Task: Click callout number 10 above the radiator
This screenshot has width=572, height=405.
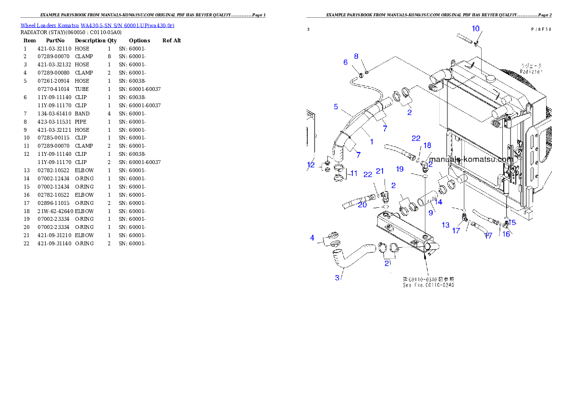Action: [x=475, y=28]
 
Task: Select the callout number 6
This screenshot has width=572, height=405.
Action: [x=345, y=62]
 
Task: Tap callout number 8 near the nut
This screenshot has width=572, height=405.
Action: [x=356, y=56]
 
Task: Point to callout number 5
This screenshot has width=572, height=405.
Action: [x=336, y=106]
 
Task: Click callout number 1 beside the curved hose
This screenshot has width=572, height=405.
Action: [x=372, y=142]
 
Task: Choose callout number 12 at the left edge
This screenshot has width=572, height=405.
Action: [x=311, y=165]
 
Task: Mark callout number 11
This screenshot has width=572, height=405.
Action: [x=353, y=173]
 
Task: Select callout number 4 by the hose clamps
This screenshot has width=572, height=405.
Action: [x=312, y=238]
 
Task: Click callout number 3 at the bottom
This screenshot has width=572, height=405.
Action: [x=338, y=277]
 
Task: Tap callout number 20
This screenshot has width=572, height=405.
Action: [x=362, y=204]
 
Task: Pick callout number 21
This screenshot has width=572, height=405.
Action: [x=380, y=171]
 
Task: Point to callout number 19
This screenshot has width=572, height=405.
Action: [x=399, y=169]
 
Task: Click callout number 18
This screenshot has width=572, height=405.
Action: [x=427, y=145]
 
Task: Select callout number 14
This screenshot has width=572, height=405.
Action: [x=438, y=202]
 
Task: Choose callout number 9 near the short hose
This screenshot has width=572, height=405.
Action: [x=431, y=212]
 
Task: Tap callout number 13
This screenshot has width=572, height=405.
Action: [x=446, y=225]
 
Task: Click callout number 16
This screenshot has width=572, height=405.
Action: [x=506, y=234]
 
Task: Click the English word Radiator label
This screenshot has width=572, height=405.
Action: [x=531, y=71]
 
